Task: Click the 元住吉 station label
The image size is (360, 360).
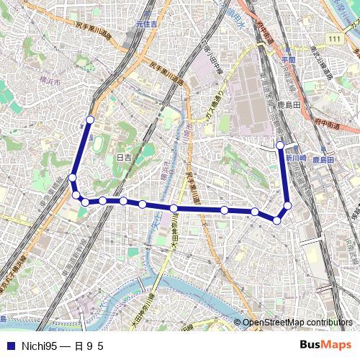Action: click(x=145, y=25)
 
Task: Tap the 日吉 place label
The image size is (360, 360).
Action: click(x=124, y=157)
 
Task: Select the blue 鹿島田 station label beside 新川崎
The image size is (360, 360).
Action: click(x=323, y=160)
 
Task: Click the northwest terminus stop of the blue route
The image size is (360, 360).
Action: click(x=90, y=120)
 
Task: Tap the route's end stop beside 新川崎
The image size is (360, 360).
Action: click(x=281, y=145)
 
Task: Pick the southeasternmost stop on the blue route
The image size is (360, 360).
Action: click(x=277, y=220)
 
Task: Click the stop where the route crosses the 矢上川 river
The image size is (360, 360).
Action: click(x=174, y=208)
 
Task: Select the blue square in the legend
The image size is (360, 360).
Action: click(x=9, y=346)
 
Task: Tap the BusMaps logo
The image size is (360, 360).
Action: click(x=325, y=346)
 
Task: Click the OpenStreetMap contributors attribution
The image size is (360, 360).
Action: click(x=297, y=323)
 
